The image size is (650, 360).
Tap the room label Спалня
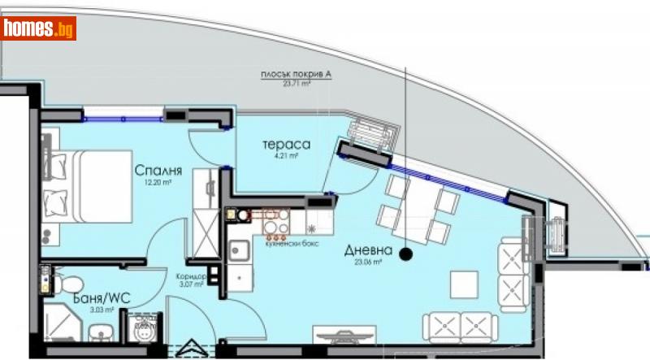point(158,171)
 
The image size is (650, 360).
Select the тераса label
point(278,145)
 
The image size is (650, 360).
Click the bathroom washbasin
point(99,331)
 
